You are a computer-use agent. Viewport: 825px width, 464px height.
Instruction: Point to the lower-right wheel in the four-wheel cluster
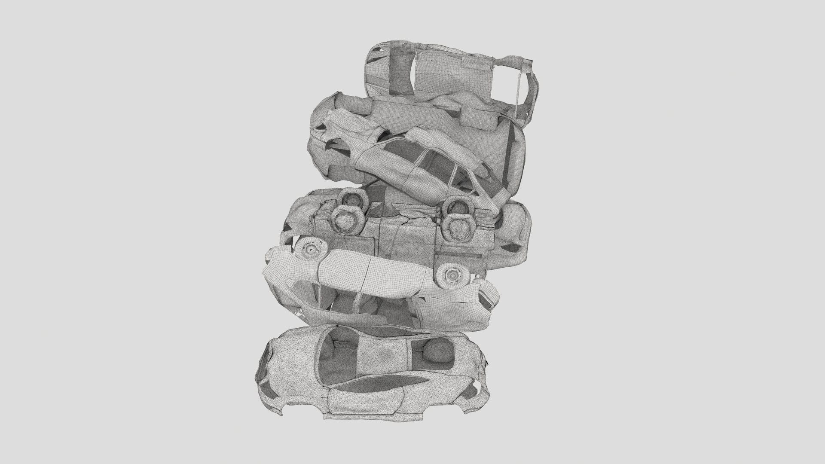[x=457, y=229]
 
